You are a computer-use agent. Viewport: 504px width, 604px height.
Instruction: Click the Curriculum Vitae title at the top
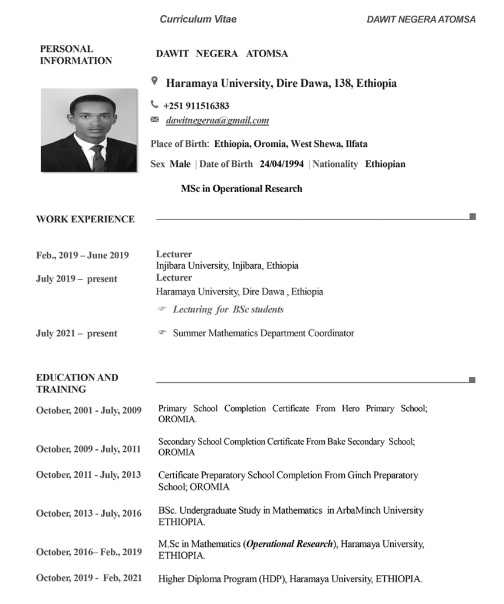[x=198, y=19]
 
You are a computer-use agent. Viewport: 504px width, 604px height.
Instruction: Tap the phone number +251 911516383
[x=196, y=106]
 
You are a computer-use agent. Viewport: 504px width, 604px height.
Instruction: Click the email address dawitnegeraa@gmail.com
[x=218, y=121]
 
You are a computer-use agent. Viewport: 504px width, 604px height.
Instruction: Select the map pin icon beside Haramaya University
[x=154, y=81]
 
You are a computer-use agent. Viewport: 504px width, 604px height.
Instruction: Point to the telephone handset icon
[x=154, y=105]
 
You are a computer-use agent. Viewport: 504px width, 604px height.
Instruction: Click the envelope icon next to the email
[x=154, y=120]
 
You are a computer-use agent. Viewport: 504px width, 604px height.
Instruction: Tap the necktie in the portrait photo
[x=98, y=157]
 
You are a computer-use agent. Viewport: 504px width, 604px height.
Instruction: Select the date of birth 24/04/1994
[x=282, y=164]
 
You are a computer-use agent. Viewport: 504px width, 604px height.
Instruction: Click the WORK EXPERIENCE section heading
[x=85, y=219]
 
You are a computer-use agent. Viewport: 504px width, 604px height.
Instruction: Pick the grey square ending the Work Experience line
[x=473, y=216]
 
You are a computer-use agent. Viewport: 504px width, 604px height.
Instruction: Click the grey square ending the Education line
[x=473, y=380]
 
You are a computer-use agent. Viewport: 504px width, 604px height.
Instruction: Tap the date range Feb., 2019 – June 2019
[x=82, y=255]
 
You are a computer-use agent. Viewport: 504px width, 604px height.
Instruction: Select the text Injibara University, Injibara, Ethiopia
[x=227, y=265]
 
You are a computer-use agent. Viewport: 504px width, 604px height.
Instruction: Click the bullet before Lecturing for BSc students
[x=162, y=309]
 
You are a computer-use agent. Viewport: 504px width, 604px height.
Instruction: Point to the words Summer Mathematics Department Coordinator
[x=263, y=333]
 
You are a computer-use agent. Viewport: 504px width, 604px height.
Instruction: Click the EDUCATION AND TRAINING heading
[x=77, y=383]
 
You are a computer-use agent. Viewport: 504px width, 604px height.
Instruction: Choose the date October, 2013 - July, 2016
[x=88, y=513]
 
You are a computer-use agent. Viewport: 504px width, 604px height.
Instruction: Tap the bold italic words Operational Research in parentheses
[x=289, y=543]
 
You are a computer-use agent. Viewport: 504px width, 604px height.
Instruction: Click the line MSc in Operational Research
[x=241, y=189]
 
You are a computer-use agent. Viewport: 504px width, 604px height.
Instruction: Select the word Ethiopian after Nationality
[x=385, y=164]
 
